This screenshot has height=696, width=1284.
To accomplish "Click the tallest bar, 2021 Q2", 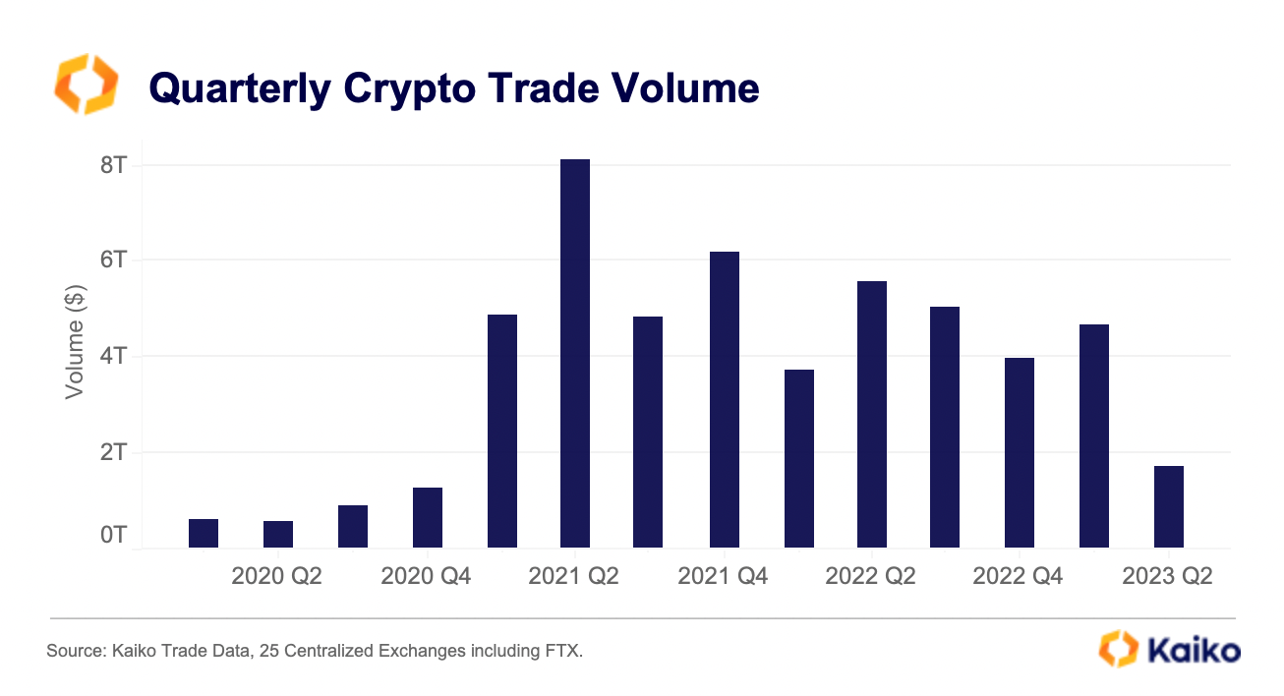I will click(575, 354).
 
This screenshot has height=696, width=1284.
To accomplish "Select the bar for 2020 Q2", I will click(278, 534).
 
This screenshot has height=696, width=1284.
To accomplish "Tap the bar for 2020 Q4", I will click(428, 517).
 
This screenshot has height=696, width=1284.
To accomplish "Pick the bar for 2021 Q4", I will click(724, 399).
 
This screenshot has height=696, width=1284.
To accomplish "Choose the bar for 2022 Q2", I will click(872, 414).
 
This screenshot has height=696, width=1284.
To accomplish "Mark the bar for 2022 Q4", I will click(1020, 452).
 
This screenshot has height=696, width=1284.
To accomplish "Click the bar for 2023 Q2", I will click(1169, 506).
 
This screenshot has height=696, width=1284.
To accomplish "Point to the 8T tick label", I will click(113, 164).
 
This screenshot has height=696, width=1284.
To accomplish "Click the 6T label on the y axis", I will click(113, 260).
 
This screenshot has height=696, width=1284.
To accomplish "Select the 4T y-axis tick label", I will click(113, 355).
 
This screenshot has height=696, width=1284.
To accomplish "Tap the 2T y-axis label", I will click(113, 451).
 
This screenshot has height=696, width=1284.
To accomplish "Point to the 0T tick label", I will click(113, 536).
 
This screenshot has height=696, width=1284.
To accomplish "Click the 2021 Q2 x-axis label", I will click(574, 576).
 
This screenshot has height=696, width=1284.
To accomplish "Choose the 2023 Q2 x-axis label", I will click(1167, 576).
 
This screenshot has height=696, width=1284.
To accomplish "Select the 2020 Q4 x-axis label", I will click(426, 576).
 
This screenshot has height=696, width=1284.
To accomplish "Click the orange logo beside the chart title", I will click(86, 85).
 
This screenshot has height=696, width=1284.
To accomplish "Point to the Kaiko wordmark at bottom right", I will click(1193, 650).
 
